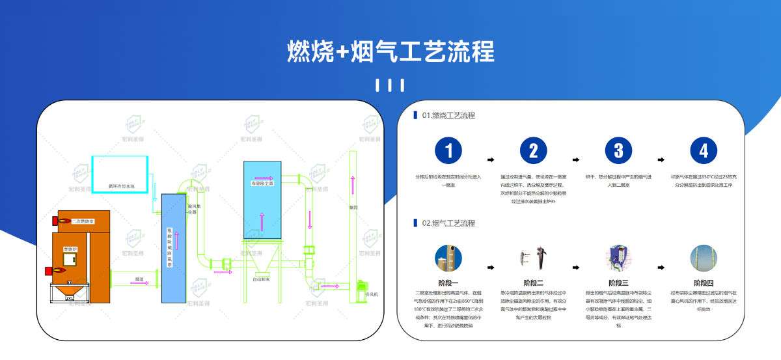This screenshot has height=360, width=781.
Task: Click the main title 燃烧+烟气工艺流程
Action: click(390, 51)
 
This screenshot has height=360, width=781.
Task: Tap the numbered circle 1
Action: click(448, 152)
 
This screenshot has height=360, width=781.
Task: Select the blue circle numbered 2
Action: click(533, 152)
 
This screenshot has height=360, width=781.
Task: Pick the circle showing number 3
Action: click(618, 152)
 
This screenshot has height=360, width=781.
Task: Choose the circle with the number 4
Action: click(703, 152)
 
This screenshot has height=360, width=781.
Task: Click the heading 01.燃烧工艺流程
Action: click(448, 116)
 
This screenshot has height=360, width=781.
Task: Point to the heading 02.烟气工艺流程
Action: click(448, 223)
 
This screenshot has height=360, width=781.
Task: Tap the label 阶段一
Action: click(448, 283)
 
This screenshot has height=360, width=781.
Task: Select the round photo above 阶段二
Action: click(533, 257)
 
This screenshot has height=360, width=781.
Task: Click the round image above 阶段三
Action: click(618, 257)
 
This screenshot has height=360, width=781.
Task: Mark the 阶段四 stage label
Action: click(703, 283)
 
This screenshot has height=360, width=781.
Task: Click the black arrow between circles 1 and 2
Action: click(491, 159)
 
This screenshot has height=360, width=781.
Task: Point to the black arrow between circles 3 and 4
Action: click(661, 159)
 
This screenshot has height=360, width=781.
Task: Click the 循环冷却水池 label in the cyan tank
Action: click(122, 186)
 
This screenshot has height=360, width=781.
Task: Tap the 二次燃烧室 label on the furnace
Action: click(83, 222)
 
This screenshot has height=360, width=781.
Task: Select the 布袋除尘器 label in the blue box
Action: click(262, 184)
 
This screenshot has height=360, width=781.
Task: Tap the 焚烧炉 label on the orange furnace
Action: click(70, 249)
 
